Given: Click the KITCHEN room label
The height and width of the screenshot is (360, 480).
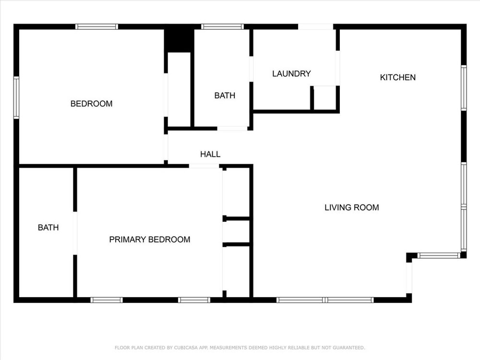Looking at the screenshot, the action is pyautogui.click(x=397, y=77).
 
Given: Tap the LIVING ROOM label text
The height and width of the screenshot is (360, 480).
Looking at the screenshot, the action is pyautogui.click(x=352, y=207).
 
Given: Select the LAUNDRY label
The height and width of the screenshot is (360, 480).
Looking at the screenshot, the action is pyautogui.click(x=291, y=74).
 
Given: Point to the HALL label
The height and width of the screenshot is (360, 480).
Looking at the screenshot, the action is pyautogui.click(x=210, y=154).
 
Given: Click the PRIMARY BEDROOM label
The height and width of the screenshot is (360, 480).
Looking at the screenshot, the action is pyautogui.click(x=150, y=240).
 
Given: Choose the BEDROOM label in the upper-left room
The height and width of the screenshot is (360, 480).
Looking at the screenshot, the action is pyautogui.click(x=92, y=104).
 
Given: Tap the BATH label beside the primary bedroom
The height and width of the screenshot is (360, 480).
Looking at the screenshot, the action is pyautogui.click(x=48, y=228).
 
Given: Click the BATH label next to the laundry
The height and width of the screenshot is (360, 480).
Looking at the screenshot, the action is pyautogui.click(x=225, y=96).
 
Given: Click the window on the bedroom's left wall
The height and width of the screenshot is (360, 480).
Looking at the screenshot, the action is pyautogui.click(x=16, y=97).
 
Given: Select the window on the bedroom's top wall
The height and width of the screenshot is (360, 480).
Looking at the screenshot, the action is pyautogui.click(x=97, y=26).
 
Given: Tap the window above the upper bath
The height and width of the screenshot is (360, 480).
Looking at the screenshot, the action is pyautogui.click(x=223, y=26).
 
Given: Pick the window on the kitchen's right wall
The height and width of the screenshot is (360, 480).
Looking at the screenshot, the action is pyautogui.click(x=464, y=88).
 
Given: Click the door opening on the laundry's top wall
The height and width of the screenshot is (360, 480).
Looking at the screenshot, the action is pyautogui.click(x=316, y=26).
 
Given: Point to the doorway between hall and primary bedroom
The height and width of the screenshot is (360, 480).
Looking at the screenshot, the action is pyautogui.click(x=204, y=166).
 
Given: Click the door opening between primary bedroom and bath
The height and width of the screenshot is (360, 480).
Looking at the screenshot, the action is pyautogui.click(x=75, y=233).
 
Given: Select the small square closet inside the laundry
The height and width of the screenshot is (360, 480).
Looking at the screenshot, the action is pyautogui.click(x=325, y=97).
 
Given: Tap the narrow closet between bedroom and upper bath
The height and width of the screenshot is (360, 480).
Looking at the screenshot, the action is pyautogui.click(x=179, y=89).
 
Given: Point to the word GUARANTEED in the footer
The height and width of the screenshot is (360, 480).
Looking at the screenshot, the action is pyautogui.click(x=349, y=348).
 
